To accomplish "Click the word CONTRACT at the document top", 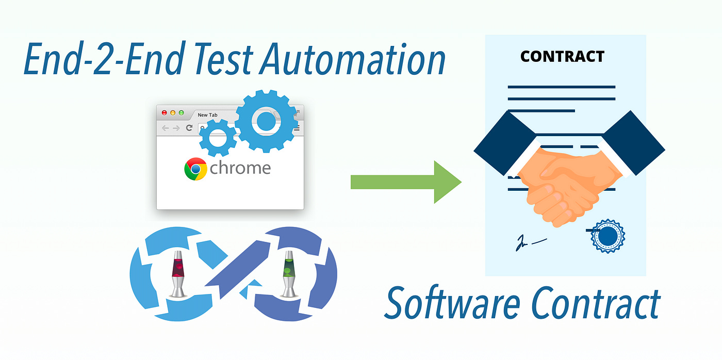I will tap(562, 56).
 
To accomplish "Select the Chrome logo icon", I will tap(195, 169).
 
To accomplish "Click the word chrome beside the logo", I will tap(240, 168).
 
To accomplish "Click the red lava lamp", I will tap(178, 273).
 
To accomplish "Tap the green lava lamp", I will tap(289, 273).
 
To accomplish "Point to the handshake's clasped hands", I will tap(562, 181).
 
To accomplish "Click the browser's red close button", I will tap(165, 112).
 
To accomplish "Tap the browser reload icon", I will tap(189, 128).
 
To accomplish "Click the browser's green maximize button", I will tap(181, 112).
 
